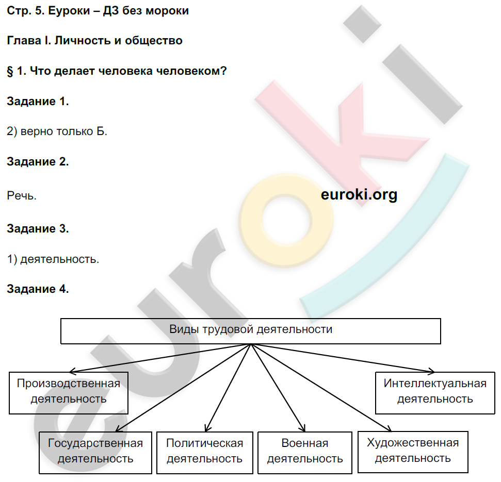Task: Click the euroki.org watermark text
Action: [359, 195]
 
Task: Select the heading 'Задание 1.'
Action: [38, 102]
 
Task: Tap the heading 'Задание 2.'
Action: [38, 162]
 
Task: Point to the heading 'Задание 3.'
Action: [38, 229]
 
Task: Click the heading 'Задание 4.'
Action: [38, 289]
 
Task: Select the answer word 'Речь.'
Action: [22, 196]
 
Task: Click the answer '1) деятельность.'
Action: [53, 259]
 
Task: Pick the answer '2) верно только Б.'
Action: [57, 131]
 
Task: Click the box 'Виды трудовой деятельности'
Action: [251, 331]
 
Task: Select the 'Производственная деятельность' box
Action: [68, 391]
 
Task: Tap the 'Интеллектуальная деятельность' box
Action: [434, 391]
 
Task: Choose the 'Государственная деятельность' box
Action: [95, 451]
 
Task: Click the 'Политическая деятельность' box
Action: [205, 451]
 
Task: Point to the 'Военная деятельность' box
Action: [305, 451]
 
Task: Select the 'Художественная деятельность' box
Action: [412, 451]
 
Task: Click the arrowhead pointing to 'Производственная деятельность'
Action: [72, 370]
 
